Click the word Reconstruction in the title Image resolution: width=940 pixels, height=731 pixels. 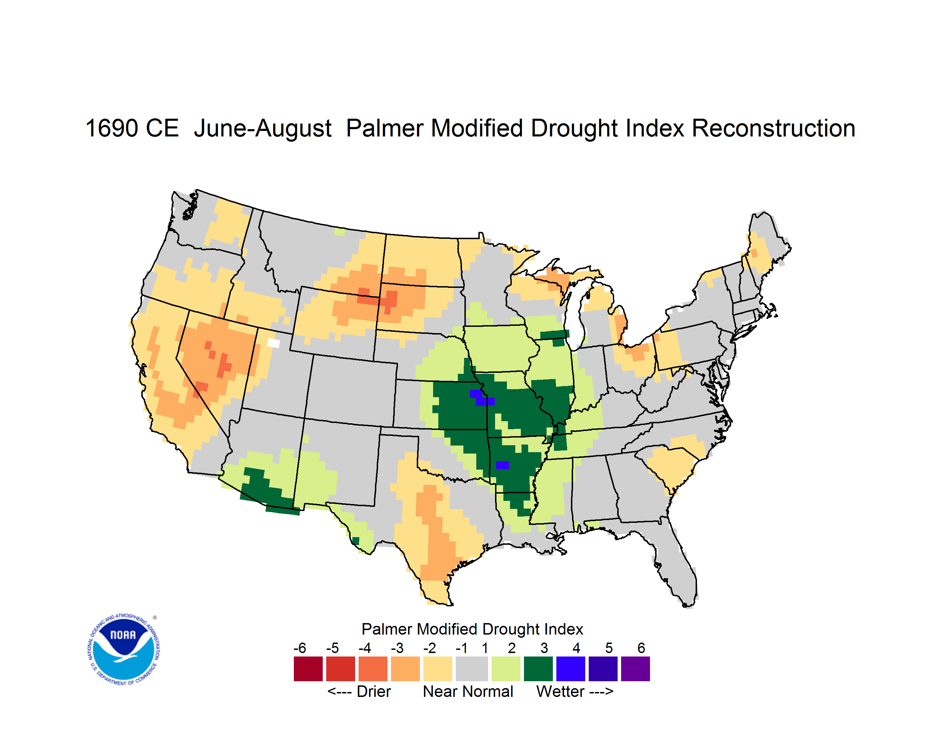point(774,128)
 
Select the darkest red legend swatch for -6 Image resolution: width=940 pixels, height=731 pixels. point(308,669)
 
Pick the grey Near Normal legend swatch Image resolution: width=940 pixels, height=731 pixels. point(472,669)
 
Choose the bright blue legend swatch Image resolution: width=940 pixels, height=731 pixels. point(571,669)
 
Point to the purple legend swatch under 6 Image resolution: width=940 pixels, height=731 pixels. point(635,669)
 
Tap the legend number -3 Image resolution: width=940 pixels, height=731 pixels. point(397,647)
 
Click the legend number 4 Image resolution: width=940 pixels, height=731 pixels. point(576,647)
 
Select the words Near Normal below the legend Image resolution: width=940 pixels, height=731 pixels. point(468,691)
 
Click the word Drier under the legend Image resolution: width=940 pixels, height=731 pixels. point(374,691)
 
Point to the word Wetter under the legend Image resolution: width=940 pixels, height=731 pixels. point(561,691)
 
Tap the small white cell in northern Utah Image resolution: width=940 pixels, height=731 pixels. point(274,343)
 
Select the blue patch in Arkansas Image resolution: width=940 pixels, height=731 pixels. point(502,465)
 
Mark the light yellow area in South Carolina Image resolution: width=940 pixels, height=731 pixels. point(672,463)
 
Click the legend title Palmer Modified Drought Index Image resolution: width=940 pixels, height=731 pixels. point(472,629)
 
